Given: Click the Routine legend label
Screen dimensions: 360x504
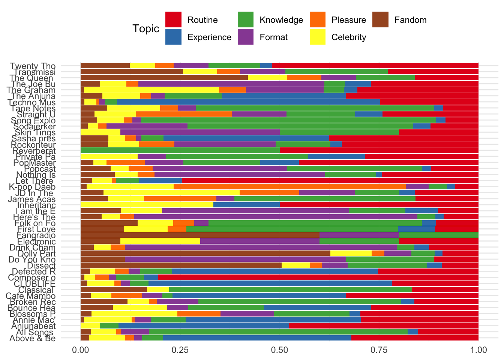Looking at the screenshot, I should [202, 20].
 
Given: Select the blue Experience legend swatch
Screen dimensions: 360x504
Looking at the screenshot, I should [174, 37].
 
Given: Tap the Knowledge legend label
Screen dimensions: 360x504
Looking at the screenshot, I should [281, 20].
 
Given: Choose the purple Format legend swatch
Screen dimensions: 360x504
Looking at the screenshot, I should [246, 37].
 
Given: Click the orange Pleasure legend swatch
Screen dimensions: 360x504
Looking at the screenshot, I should [318, 20].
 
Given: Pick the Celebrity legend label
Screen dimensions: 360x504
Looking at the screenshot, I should [349, 37].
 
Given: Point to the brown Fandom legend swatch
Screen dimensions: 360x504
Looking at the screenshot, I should [381, 20].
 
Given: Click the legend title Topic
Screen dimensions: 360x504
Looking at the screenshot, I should [146, 28].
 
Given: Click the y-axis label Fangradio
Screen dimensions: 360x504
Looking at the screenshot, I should [36, 235].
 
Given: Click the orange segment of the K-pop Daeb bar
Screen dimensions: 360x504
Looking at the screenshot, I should [289, 187].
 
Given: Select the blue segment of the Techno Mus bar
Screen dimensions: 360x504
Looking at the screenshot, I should [248, 102].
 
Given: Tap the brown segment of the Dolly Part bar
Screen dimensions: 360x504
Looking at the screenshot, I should [205, 253].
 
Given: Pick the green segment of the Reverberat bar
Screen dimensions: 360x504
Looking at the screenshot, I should [180, 150].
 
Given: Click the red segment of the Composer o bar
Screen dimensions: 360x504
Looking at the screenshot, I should [318, 277].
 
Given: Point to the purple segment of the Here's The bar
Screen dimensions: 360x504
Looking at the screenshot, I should [276, 217].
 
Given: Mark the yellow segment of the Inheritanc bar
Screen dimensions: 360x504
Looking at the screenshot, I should [147, 205].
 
